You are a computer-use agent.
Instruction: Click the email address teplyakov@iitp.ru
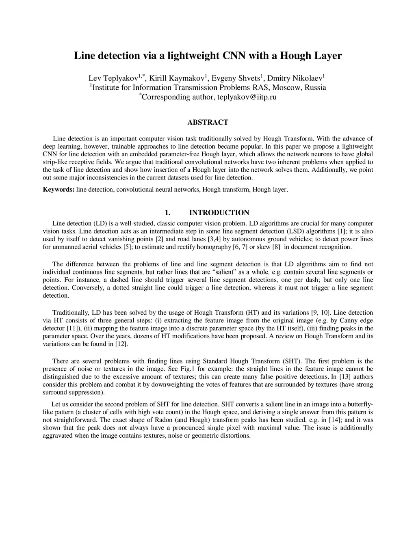click(247, 97)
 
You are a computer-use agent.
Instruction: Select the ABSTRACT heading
click(208, 122)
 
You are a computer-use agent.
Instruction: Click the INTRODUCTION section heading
click(219, 213)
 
